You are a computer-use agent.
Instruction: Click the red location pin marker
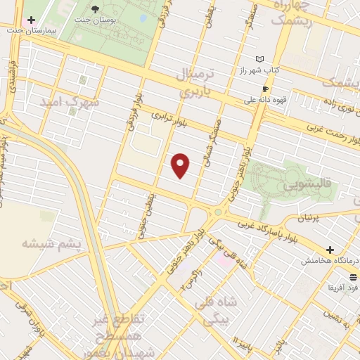(x=181, y=165)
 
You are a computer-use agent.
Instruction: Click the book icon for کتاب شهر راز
(x=261, y=60)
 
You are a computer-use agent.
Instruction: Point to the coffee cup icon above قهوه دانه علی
(x=265, y=89)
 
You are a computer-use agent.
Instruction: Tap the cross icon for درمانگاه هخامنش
(x=330, y=250)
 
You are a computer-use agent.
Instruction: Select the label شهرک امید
(x=72, y=103)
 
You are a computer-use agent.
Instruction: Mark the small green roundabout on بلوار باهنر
(x=218, y=212)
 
